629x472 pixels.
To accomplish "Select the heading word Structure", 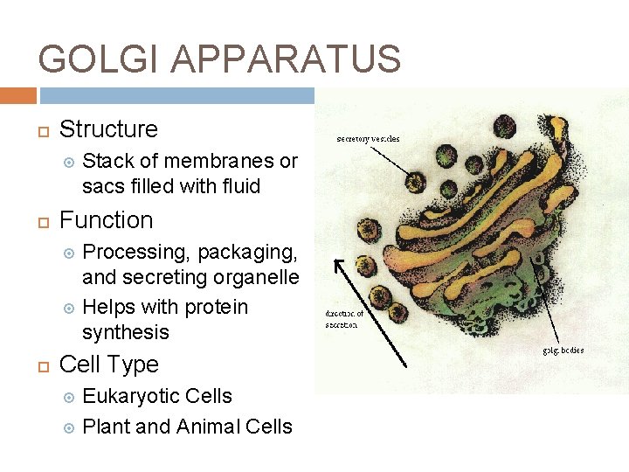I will pos(108,129).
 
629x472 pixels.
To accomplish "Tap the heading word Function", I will pos(106,220).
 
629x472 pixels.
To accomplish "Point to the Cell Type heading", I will pos(108,364).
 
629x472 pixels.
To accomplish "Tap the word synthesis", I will pos(125,332).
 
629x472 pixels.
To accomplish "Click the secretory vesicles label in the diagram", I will pos(369,137).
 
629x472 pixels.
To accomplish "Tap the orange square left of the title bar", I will pos(18,95).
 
